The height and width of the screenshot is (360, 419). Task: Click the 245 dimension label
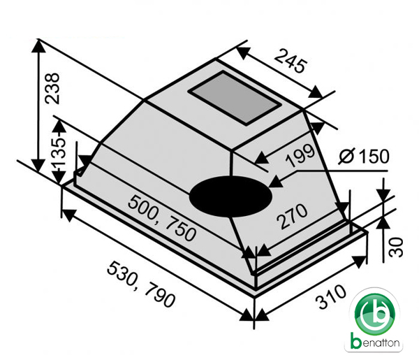pos(290,61)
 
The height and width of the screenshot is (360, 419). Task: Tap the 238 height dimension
pos(52,88)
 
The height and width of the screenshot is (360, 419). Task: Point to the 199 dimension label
pos(300,156)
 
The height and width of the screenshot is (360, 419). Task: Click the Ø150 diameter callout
pos(364,157)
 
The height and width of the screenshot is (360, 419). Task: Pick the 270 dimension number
pos(292,217)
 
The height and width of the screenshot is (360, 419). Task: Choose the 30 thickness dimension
pos(396,247)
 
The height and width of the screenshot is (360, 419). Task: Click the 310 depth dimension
pos(330,296)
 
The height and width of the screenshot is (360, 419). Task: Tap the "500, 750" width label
pos(162,218)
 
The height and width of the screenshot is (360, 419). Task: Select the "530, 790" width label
pos(141,285)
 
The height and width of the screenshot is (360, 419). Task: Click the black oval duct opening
pos(230,196)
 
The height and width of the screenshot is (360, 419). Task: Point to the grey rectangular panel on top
pos(235,98)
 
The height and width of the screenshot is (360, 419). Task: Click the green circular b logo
pos(375,315)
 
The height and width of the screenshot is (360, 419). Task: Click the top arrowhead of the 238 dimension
pos(38,48)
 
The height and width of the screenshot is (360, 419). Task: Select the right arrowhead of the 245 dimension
pos(316,92)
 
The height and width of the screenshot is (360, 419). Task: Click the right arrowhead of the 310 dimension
pos(360,261)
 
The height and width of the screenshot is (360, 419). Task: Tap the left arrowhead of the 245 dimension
pos(243,53)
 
